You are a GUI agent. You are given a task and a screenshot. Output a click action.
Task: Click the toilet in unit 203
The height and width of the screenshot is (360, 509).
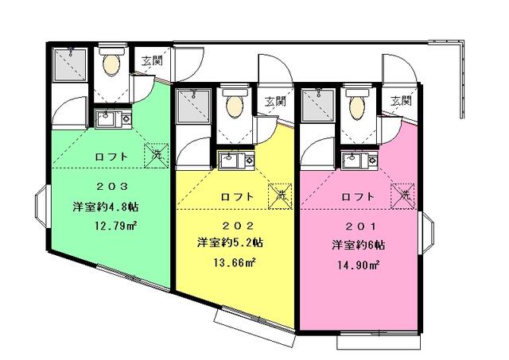[x=110, y=62]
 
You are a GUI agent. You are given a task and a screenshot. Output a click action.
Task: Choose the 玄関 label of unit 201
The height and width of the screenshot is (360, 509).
[x=401, y=101]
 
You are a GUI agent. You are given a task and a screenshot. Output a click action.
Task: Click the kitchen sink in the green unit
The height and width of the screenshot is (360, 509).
[x=111, y=120]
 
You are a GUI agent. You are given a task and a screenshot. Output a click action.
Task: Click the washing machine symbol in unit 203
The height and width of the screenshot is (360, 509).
[x=156, y=156]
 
